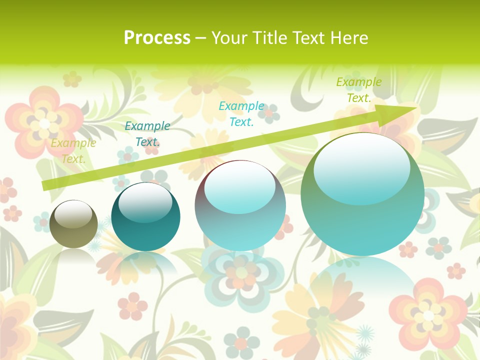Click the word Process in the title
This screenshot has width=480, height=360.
coord(157,38)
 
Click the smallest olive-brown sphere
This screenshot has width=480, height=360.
coord(73,224)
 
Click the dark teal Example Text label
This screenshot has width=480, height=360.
coord(147,133)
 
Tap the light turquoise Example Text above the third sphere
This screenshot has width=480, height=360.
coord(241,113)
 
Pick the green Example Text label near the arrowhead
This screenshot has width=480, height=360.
coord(358,90)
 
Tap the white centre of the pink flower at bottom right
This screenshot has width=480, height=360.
coord(428,315)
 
